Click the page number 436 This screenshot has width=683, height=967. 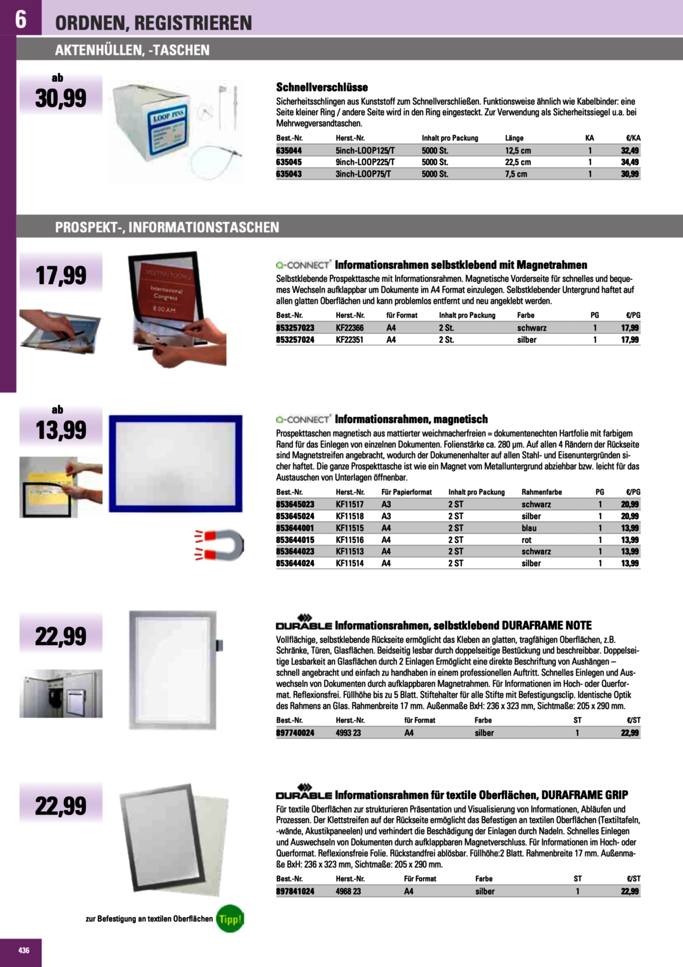[24, 950]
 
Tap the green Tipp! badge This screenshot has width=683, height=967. [230, 918]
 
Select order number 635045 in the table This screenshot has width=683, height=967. [289, 162]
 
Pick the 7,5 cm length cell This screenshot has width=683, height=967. [516, 174]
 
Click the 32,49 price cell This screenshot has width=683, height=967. [629, 150]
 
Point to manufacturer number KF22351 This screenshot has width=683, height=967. [349, 340]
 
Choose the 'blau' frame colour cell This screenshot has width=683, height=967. [529, 528]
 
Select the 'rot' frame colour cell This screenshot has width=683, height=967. [527, 539]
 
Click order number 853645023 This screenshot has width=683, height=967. [295, 504]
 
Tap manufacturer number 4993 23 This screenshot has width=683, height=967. [348, 732]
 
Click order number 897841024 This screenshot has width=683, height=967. [295, 891]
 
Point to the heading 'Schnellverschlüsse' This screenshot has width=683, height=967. [322, 87]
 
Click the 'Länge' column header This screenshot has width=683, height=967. [514, 138]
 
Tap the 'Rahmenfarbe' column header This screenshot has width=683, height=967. [542, 492]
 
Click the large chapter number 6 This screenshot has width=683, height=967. [21, 19]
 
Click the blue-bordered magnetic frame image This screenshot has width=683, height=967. [176, 463]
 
